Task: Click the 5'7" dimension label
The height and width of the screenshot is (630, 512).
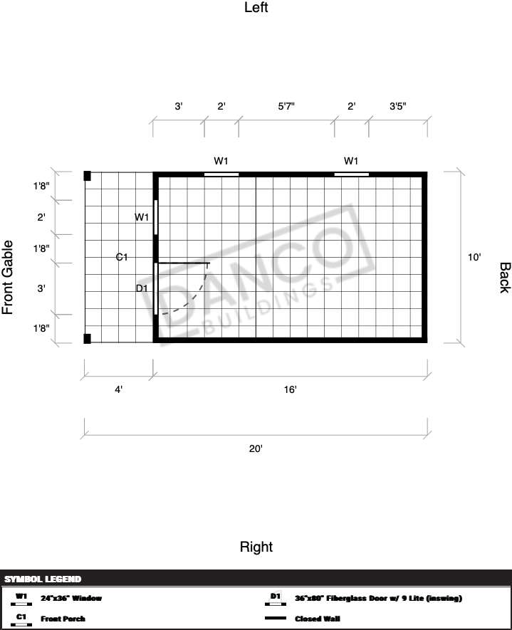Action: (286, 107)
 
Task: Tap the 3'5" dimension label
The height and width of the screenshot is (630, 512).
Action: (398, 107)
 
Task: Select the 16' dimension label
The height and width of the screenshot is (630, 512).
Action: (290, 389)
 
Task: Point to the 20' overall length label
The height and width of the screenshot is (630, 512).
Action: (256, 448)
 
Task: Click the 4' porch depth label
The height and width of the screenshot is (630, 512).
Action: (118, 389)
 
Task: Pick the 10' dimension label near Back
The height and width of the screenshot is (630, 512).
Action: (474, 257)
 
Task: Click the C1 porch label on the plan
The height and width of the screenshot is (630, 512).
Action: (122, 257)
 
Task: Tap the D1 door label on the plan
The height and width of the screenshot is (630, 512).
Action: (142, 288)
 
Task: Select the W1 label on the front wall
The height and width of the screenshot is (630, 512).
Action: (142, 217)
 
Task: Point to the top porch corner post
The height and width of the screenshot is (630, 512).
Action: (87, 176)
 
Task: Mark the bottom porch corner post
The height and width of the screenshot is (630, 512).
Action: (87, 339)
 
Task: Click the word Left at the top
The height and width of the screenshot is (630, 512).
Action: (256, 7)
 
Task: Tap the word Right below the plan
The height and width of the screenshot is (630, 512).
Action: (256, 547)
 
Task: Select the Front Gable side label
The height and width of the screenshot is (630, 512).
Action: (8, 277)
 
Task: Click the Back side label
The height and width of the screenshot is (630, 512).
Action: (505, 278)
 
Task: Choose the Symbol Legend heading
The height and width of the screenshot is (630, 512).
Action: (43, 579)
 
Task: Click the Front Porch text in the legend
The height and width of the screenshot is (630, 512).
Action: (63, 619)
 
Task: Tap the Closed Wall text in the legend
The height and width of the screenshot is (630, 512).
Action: (318, 619)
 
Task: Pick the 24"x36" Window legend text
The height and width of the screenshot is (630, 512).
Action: (71, 598)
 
